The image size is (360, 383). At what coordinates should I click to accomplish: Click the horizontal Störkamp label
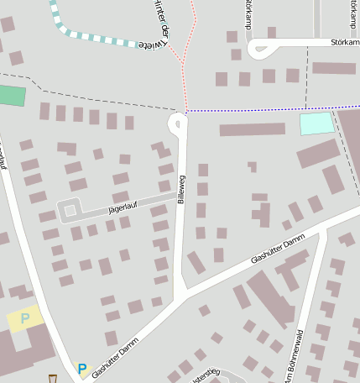coord(344,41)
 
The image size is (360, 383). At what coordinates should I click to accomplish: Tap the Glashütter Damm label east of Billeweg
coord(277,251)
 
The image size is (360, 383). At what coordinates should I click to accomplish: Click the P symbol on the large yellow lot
coord(25,318)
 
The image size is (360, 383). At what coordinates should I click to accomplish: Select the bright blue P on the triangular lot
coord(82,369)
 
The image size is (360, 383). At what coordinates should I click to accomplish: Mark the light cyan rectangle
coord(316,123)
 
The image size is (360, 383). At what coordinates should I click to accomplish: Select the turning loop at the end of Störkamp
coord(256,48)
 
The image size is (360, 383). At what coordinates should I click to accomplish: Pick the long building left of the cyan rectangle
coord(252,129)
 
